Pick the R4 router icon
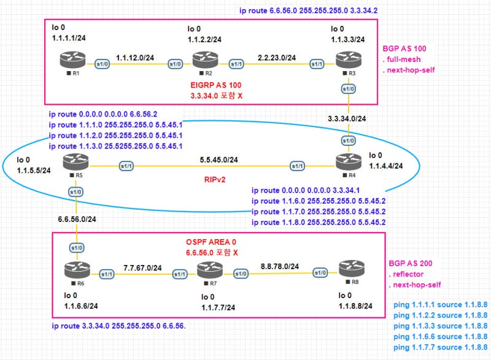348,162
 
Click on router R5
75,164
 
